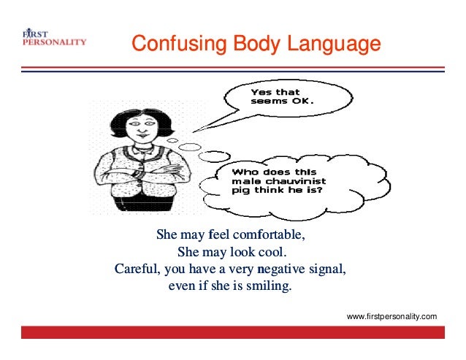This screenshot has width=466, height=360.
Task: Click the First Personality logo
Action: (53, 39)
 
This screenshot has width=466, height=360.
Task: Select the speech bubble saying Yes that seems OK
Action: (281, 99)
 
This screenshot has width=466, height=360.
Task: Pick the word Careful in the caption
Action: (137, 269)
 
